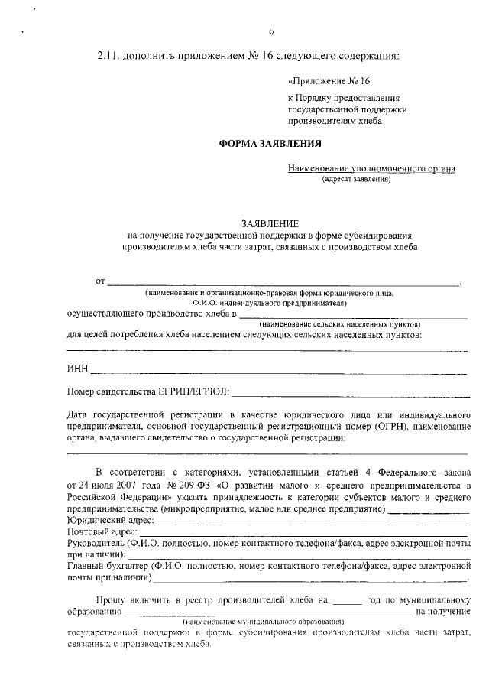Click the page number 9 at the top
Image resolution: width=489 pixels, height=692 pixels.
271,31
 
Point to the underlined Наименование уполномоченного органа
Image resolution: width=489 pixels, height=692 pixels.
371,168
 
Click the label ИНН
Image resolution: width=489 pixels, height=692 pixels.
78,369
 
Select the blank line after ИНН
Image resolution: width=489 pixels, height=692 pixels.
279,372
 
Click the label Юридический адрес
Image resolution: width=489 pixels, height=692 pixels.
110,520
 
